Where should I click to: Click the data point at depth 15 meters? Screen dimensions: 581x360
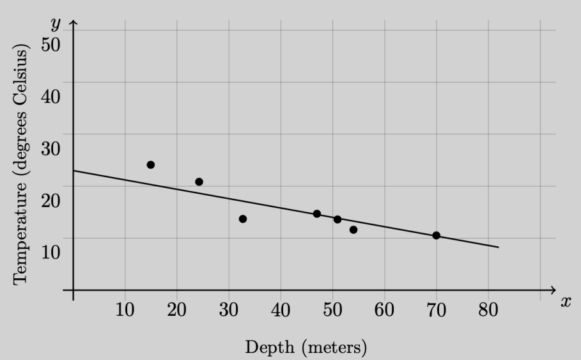[x=150, y=164]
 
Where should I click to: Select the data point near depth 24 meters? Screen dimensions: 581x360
[x=199, y=182]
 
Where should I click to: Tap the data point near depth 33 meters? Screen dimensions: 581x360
[x=243, y=219]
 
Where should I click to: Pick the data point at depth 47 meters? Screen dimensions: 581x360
[x=317, y=214]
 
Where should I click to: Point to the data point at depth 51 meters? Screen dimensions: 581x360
[x=337, y=219]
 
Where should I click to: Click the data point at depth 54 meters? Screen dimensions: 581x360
[x=353, y=230]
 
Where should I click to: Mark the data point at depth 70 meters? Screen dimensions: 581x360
[x=436, y=235]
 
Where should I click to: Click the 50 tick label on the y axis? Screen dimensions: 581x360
[x=50, y=45]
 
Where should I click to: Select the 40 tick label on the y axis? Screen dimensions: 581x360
[x=50, y=97]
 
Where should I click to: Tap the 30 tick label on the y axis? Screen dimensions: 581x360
[x=50, y=148]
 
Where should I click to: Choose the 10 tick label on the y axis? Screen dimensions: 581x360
[x=50, y=252]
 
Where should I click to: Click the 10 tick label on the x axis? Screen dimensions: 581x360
[x=125, y=309]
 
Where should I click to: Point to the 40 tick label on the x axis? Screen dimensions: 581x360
[x=281, y=309]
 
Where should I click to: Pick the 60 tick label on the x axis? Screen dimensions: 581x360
[x=384, y=309]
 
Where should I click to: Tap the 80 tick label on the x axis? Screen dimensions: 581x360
[x=488, y=309]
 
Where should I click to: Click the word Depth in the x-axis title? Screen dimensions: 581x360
[x=270, y=348]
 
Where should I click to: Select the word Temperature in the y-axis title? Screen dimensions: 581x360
[x=20, y=233]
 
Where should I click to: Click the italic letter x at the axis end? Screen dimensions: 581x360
[x=566, y=302]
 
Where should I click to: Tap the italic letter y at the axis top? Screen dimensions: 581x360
[x=55, y=24]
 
